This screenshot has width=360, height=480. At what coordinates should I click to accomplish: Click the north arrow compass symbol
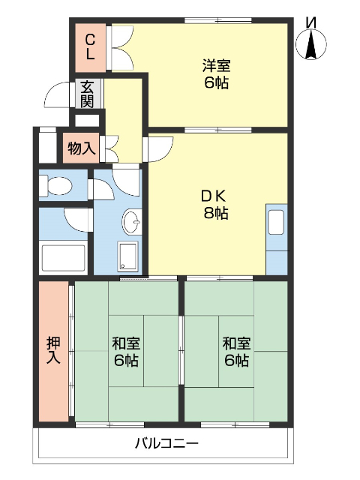coord(310,41)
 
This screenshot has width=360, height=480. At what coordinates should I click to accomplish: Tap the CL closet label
coord(90,46)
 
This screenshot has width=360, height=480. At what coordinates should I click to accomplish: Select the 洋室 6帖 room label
coord(214,73)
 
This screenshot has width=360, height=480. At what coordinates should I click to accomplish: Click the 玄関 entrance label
coord(88,94)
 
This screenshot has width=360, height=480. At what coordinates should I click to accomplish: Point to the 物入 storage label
coord(81,148)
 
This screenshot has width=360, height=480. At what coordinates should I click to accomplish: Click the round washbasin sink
coord(131,222)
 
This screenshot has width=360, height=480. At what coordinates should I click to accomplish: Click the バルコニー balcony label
coord(166,443)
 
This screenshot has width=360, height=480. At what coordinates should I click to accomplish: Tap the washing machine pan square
coord(128,257)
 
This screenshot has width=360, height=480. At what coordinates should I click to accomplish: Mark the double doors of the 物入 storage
coord(108,148)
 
